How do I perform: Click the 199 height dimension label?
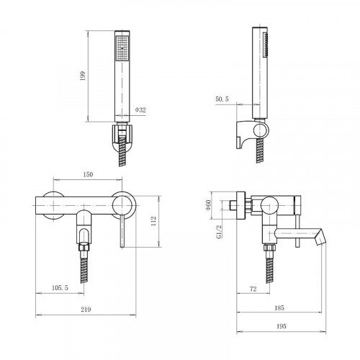tap(83, 76)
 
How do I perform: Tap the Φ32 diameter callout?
tap(140, 110)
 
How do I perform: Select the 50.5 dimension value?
tap(222, 99)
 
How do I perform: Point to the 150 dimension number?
tap(88, 174)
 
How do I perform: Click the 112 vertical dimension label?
tap(153, 221)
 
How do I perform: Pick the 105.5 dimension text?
tap(60, 287)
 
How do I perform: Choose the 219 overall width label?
tap(86, 310)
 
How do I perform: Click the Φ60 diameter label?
tap(208, 204)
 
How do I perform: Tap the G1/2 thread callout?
tap(219, 232)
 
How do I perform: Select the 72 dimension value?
tap(253, 289)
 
